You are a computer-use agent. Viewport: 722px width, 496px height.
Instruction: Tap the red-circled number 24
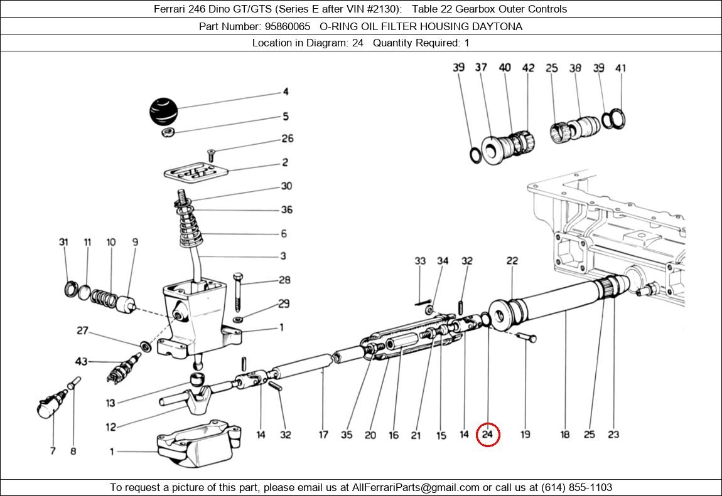[x=488, y=435]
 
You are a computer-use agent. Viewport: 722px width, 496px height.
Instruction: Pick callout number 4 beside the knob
[x=286, y=92]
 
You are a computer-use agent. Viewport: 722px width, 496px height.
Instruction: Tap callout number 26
[x=287, y=139]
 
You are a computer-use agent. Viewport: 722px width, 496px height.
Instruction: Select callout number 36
[x=286, y=209]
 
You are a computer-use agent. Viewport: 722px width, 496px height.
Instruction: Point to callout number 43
[x=81, y=361]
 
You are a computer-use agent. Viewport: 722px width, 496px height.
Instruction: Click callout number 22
[x=512, y=261]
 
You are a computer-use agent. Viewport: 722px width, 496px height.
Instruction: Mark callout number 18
[x=565, y=435]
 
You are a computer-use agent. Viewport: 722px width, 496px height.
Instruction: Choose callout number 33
[x=420, y=261]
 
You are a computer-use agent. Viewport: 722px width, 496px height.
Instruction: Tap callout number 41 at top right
[x=621, y=68]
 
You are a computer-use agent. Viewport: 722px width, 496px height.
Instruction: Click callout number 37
[x=481, y=67]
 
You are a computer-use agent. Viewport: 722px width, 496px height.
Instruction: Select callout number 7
[x=53, y=450]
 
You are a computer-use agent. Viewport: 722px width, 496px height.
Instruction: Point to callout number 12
[x=110, y=427]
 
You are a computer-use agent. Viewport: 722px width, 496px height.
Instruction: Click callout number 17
[x=323, y=435]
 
